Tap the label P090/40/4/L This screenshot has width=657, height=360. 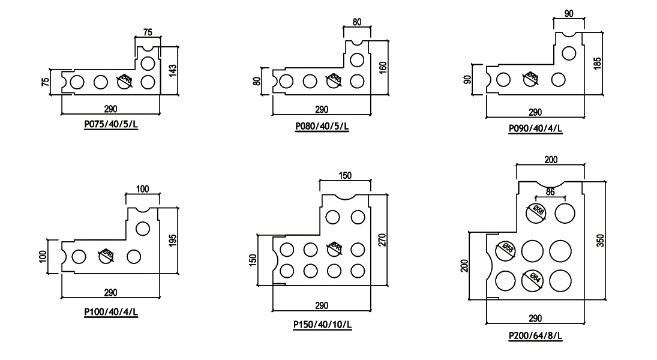coord(535,128)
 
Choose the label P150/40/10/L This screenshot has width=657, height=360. coord(322,325)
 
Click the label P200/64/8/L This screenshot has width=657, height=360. coord(535,336)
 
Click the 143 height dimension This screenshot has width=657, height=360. coord(174,70)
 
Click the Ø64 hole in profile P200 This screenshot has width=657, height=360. coord(533,280)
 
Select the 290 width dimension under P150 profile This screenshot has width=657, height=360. coord(322,305)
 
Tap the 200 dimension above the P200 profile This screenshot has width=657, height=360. coord(551,160)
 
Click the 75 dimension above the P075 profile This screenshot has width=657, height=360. coord(148,32)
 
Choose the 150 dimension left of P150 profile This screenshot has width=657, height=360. coord(253,259)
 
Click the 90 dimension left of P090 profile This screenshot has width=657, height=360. coord(468,79)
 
